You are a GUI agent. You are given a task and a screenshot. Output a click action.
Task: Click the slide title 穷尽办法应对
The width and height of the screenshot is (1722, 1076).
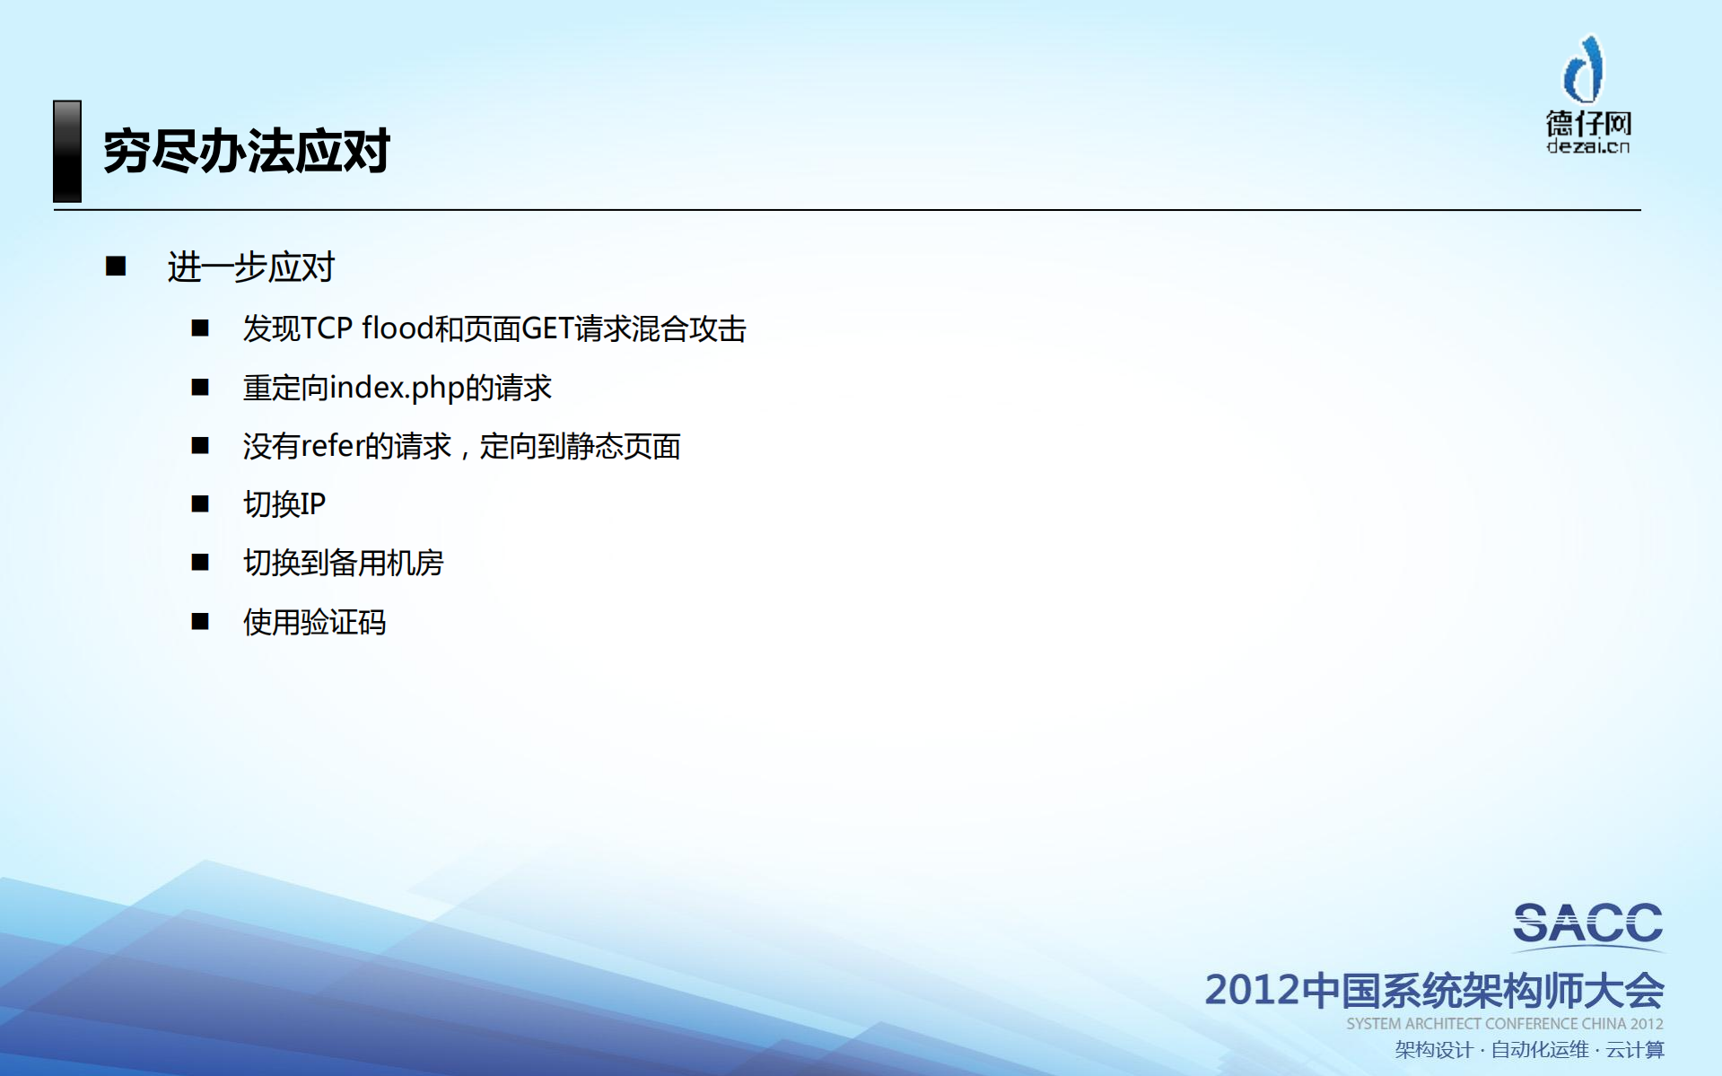point(246,151)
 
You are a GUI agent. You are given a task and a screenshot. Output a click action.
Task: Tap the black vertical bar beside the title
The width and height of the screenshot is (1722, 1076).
point(67,151)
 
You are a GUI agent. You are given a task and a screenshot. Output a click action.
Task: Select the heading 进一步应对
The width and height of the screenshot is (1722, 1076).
point(250,267)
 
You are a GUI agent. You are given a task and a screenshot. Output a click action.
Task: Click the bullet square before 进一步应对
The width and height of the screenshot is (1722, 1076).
point(116,266)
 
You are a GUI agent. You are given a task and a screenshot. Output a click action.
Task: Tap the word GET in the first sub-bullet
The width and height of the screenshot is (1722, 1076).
point(547,328)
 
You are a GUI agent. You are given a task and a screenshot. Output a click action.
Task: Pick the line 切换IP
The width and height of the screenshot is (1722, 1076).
point(284,504)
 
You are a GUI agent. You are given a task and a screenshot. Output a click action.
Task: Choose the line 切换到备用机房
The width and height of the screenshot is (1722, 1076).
point(343,563)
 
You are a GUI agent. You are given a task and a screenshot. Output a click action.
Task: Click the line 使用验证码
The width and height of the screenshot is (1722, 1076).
point(314,622)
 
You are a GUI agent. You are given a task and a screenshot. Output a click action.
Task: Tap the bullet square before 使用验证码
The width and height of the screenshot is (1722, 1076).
point(200,621)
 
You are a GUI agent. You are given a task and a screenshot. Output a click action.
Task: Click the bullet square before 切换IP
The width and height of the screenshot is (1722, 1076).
point(200,503)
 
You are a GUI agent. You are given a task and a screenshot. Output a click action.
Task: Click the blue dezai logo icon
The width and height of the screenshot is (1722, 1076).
point(1585,69)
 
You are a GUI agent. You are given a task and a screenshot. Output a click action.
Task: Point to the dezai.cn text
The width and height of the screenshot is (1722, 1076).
point(1587,146)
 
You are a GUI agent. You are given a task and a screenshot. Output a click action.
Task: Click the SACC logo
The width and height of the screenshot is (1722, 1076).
point(1587,924)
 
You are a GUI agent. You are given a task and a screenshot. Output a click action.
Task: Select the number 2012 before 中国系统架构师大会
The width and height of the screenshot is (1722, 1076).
point(1252,991)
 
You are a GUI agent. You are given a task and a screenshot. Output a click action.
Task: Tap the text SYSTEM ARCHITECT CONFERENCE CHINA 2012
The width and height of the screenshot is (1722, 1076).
point(1504,1024)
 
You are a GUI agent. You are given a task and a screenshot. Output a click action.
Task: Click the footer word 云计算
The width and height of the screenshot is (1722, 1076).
point(1635,1050)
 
